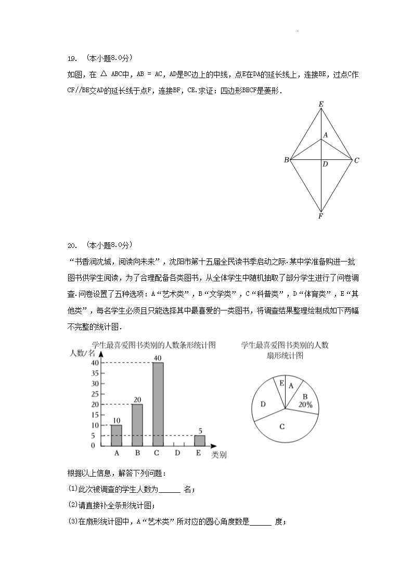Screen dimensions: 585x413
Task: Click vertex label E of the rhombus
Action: [x=321, y=105]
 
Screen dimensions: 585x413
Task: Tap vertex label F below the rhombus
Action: [x=321, y=216]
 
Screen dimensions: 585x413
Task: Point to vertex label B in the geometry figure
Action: [x=286, y=160]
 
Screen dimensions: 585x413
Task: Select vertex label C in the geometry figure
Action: [x=357, y=160]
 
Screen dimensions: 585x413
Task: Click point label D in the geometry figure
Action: [x=325, y=165]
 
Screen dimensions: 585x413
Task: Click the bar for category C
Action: [x=158, y=404]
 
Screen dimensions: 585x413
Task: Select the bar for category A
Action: [x=117, y=435]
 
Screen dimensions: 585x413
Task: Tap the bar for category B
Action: [x=137, y=425]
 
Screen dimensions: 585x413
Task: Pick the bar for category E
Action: [x=200, y=440]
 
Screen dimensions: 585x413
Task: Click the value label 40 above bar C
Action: [x=158, y=358]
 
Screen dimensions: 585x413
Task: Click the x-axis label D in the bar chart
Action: [x=178, y=453]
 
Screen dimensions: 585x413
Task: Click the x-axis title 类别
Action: [x=219, y=455]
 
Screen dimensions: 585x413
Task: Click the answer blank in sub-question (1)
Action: [x=169, y=489]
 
